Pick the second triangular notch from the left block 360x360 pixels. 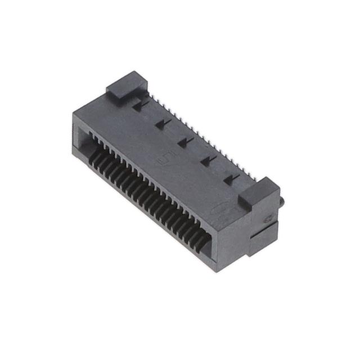(x=163, y=123)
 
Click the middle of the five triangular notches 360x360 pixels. (x=184, y=142)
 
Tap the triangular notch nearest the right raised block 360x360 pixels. (x=228, y=178)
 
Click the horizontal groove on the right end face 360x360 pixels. (x=264, y=227)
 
